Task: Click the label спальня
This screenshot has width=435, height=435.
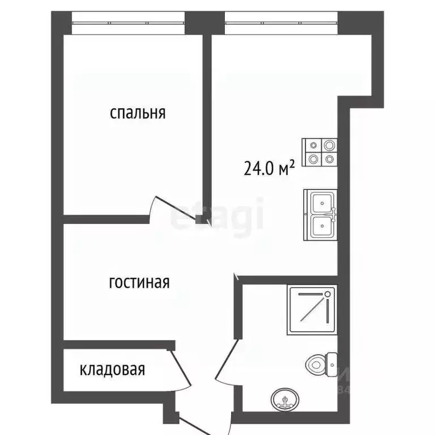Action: tap(138, 113)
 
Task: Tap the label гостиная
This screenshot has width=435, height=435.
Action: tap(139, 282)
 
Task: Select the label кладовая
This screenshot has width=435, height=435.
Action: tap(112, 370)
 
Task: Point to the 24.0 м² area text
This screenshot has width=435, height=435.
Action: tap(270, 168)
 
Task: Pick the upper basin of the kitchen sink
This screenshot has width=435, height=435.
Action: tap(322, 201)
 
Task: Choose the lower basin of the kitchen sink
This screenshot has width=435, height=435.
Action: tap(322, 227)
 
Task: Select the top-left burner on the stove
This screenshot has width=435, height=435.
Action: tap(312, 146)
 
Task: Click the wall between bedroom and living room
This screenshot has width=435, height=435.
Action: tap(105, 219)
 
